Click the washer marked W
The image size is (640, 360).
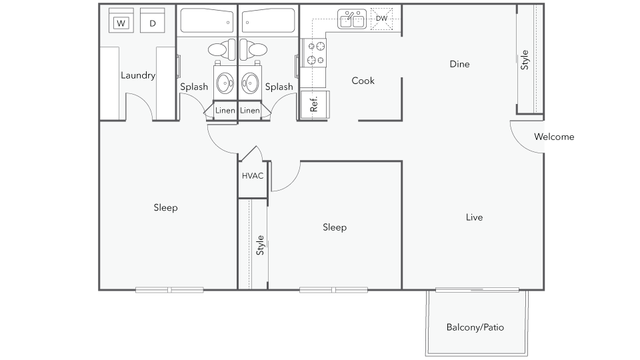coord(121,21)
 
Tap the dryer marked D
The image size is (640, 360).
coord(152,21)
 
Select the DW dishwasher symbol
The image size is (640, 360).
coord(381,19)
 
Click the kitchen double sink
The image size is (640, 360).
coord(352,19)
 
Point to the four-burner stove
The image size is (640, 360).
coord(313,53)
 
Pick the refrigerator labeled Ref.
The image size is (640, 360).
coord(314,105)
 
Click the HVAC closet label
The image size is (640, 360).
coord(253,176)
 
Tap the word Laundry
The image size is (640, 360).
coord(138,75)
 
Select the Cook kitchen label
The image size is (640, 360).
coord(363,81)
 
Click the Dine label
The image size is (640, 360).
coord(459,64)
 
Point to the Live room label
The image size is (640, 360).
coord(474,217)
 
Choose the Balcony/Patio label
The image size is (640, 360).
coord(475,327)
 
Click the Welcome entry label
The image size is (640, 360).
coord(554,137)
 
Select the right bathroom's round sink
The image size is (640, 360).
coord(250,83)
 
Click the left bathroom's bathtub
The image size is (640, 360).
coord(207,21)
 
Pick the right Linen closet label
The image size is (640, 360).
coord(250,111)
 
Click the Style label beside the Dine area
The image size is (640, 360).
coord(525,60)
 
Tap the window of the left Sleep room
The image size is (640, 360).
coord(169,290)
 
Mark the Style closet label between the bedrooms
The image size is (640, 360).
coord(260,245)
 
